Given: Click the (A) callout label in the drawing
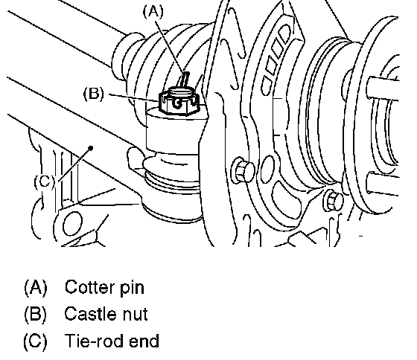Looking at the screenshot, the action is (x=153, y=12).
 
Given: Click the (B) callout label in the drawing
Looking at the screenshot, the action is (x=94, y=94).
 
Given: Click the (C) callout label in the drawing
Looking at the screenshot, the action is (x=45, y=181).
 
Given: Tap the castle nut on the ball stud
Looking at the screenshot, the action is (x=179, y=103).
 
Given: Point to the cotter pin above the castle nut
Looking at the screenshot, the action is (x=185, y=79).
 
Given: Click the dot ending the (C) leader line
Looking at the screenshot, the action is (x=91, y=148).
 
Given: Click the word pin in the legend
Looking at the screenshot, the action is (x=133, y=289).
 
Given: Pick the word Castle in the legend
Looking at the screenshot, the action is (x=90, y=313).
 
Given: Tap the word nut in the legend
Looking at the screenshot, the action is (x=135, y=314).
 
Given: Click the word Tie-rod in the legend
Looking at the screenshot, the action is (x=94, y=341).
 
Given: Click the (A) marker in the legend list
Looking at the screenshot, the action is (x=36, y=287).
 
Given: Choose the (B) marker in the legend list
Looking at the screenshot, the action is (x=36, y=314).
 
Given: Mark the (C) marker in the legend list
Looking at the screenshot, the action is (x=36, y=341).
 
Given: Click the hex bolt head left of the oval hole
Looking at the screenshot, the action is (x=243, y=170).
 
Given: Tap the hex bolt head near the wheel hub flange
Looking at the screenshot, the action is (x=333, y=201).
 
